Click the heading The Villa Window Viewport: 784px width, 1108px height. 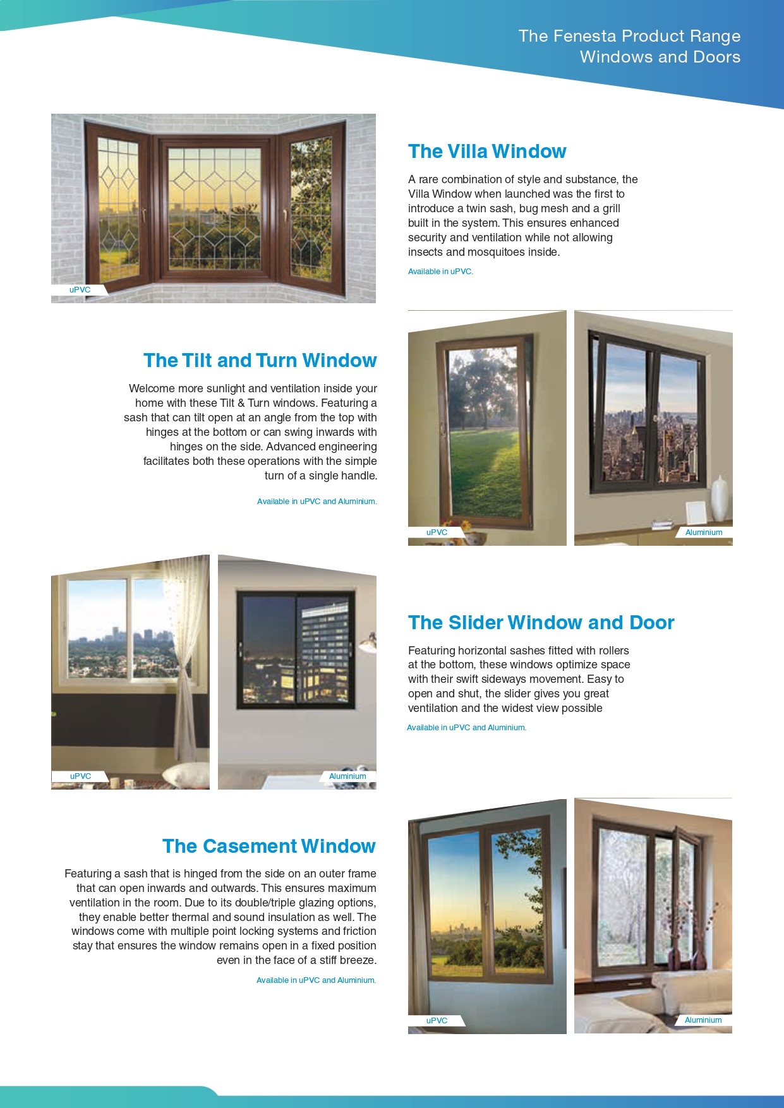point(486,152)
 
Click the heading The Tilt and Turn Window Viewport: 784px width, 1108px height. point(260,360)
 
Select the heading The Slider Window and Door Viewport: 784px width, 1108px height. point(541,623)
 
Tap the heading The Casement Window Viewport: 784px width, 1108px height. point(268,846)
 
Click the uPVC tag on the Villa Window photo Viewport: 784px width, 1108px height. point(80,290)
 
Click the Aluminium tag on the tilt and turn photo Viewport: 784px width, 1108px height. point(703,533)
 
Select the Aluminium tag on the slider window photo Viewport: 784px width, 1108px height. point(347,776)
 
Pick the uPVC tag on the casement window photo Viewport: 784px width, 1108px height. point(437,1020)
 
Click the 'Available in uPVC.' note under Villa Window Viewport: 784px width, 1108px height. point(440,272)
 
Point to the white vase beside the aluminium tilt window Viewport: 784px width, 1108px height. point(720,499)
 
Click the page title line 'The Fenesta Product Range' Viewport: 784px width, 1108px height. point(629,36)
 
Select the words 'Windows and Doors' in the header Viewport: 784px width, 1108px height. point(660,57)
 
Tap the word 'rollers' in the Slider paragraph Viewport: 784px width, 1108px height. point(612,651)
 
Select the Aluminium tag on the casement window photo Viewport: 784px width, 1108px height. point(703,1020)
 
